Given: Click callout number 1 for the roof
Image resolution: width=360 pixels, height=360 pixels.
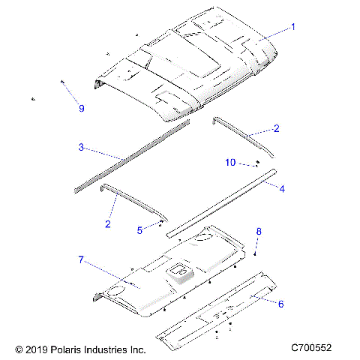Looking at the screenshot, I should tap(293, 26).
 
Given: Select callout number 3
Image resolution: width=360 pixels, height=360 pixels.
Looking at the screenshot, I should tap(81, 147).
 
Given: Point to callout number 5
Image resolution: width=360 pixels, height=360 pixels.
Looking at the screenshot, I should tap(139, 231).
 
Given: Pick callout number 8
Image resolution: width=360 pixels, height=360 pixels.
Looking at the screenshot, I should tap(259, 232).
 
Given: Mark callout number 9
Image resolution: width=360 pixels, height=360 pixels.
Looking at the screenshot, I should tap(81, 108).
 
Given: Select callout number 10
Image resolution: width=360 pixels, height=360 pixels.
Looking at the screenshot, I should tap(231, 162).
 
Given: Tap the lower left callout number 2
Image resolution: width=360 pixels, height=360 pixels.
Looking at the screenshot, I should tap(108, 223).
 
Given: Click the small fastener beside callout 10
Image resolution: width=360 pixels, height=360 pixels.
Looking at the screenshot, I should tap(256, 163).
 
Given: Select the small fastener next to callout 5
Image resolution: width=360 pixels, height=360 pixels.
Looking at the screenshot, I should tap(161, 223).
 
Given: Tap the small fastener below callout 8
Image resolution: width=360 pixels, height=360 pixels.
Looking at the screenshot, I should tap(255, 254).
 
